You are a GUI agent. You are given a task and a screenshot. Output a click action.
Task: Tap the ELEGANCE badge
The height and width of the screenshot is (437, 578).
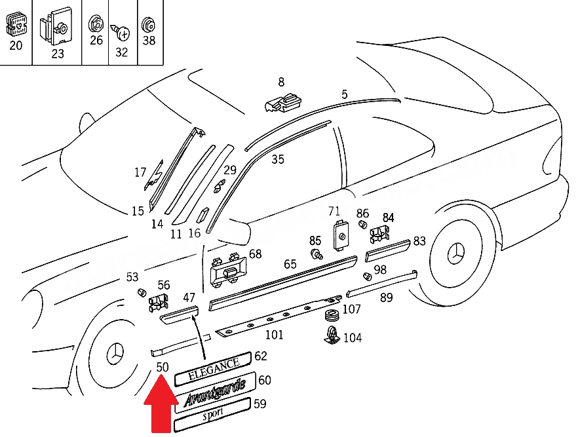(x=213, y=369)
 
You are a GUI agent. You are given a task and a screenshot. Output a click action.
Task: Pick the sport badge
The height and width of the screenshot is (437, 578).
(x=212, y=414)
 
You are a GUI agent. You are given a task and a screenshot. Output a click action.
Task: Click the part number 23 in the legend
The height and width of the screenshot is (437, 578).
(x=58, y=54)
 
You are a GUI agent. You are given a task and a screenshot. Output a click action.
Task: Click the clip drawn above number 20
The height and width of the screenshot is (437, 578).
(x=16, y=25)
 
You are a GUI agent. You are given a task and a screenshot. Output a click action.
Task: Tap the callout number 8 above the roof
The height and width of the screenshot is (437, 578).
(x=281, y=82)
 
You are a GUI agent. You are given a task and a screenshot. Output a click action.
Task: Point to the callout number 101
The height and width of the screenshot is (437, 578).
(x=275, y=335)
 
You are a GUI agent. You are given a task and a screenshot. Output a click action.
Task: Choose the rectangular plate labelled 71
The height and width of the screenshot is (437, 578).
(x=341, y=235)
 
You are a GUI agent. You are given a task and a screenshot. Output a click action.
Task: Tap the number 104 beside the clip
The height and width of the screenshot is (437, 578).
(x=353, y=338)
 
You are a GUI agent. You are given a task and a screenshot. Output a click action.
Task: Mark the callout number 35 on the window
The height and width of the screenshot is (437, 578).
(x=278, y=160)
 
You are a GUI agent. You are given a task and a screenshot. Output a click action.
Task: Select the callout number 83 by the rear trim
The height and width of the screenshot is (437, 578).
(x=419, y=241)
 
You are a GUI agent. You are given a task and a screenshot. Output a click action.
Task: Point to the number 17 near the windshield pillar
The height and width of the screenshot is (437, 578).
(x=140, y=172)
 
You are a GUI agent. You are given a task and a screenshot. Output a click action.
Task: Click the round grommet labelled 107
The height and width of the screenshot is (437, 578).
(x=333, y=316)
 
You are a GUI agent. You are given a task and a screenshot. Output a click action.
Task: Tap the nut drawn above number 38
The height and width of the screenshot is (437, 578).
(x=149, y=25)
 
